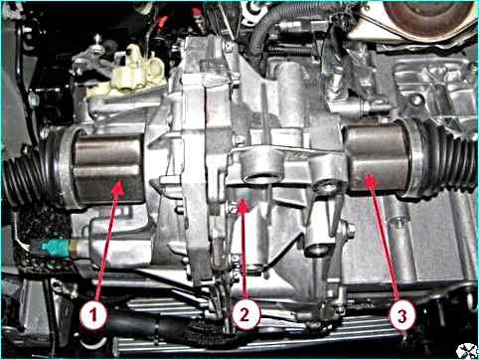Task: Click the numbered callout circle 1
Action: click(x=93, y=315)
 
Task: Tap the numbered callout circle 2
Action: click(x=245, y=315)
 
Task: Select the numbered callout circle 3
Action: click(x=402, y=316)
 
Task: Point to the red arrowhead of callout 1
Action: click(x=118, y=188)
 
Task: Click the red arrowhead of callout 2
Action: click(x=243, y=206)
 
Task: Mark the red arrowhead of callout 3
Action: click(x=371, y=181)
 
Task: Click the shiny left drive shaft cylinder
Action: click(x=108, y=169)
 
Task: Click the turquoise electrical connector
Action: click(x=54, y=248)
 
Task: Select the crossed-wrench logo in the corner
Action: click(x=466, y=350)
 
